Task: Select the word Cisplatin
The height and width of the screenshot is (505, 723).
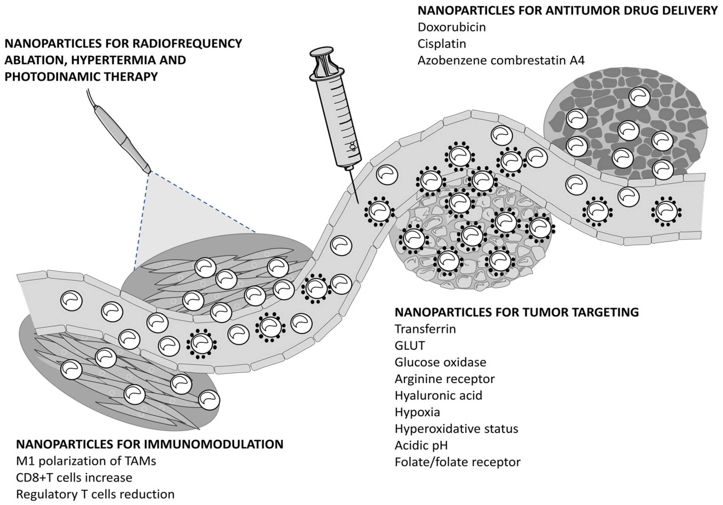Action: pos(442,44)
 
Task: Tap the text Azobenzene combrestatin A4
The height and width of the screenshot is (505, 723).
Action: pos(501,60)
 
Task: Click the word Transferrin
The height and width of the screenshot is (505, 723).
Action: pos(425,329)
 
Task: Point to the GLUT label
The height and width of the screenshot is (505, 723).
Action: pos(409,346)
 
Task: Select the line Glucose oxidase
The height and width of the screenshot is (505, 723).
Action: pos(440,362)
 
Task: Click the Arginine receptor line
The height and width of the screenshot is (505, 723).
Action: pos(444,379)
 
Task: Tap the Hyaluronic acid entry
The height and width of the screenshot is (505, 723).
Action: pos(438,395)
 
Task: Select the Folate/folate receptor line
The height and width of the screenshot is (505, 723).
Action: pos(457,462)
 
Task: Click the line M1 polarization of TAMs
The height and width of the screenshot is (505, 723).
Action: pos(86,461)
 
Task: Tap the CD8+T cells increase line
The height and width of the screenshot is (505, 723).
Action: pos(74,478)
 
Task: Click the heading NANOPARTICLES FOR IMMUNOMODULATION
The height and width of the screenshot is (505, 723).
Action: pos(150,444)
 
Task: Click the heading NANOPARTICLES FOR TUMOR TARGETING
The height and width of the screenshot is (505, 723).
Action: pos(516,312)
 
